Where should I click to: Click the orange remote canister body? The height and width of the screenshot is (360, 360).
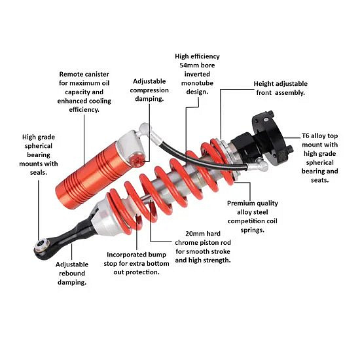92,175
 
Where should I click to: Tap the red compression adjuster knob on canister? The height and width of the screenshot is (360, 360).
137,160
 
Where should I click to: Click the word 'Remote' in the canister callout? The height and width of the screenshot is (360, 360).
71,74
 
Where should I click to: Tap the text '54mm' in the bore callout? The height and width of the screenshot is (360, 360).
188,65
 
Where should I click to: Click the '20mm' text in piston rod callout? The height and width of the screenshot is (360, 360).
194,234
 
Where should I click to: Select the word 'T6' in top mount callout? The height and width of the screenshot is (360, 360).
306,135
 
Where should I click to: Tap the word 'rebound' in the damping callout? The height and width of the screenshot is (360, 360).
72,273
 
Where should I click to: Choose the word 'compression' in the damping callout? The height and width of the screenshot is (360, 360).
149,90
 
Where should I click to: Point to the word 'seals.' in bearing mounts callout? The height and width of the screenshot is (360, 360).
39,172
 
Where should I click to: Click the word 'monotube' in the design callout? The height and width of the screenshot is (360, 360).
197,83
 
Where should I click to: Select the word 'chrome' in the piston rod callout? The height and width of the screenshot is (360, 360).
186,242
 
